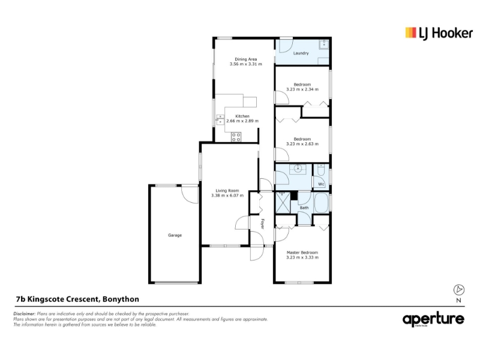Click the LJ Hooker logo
coord(439,33)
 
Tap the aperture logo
coord(433,320)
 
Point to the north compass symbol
coord(458,290)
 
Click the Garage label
coord(175,235)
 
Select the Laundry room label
coord(301,53)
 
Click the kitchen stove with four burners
coord(236,137)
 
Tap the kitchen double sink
coord(220,119)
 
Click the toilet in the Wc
coord(321,170)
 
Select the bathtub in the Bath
coord(321,203)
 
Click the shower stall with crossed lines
coord(283,202)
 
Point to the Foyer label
coord(262,223)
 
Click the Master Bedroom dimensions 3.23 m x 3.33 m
coord(302,257)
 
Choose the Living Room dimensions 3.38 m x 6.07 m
coord(227,196)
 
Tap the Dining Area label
coord(246,59)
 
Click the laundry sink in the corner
coord(323,44)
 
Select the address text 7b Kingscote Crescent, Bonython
coord(77,299)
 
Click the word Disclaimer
coord(24,314)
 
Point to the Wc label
coord(321,184)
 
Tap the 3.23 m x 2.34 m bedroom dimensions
coord(302,89)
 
